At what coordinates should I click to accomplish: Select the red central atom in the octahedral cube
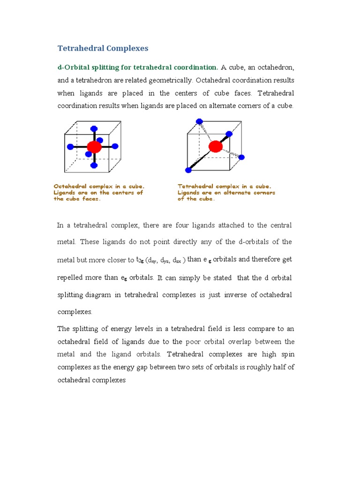94,147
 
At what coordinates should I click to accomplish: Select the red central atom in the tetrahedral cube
216,146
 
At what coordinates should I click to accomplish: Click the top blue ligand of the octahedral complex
94,128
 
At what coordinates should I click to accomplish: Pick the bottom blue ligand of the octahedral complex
94,165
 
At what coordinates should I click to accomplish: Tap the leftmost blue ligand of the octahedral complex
70,147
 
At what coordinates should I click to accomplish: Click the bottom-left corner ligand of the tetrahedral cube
188,170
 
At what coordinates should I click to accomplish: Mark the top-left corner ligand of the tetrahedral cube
199,121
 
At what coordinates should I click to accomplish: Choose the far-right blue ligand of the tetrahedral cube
242,157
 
